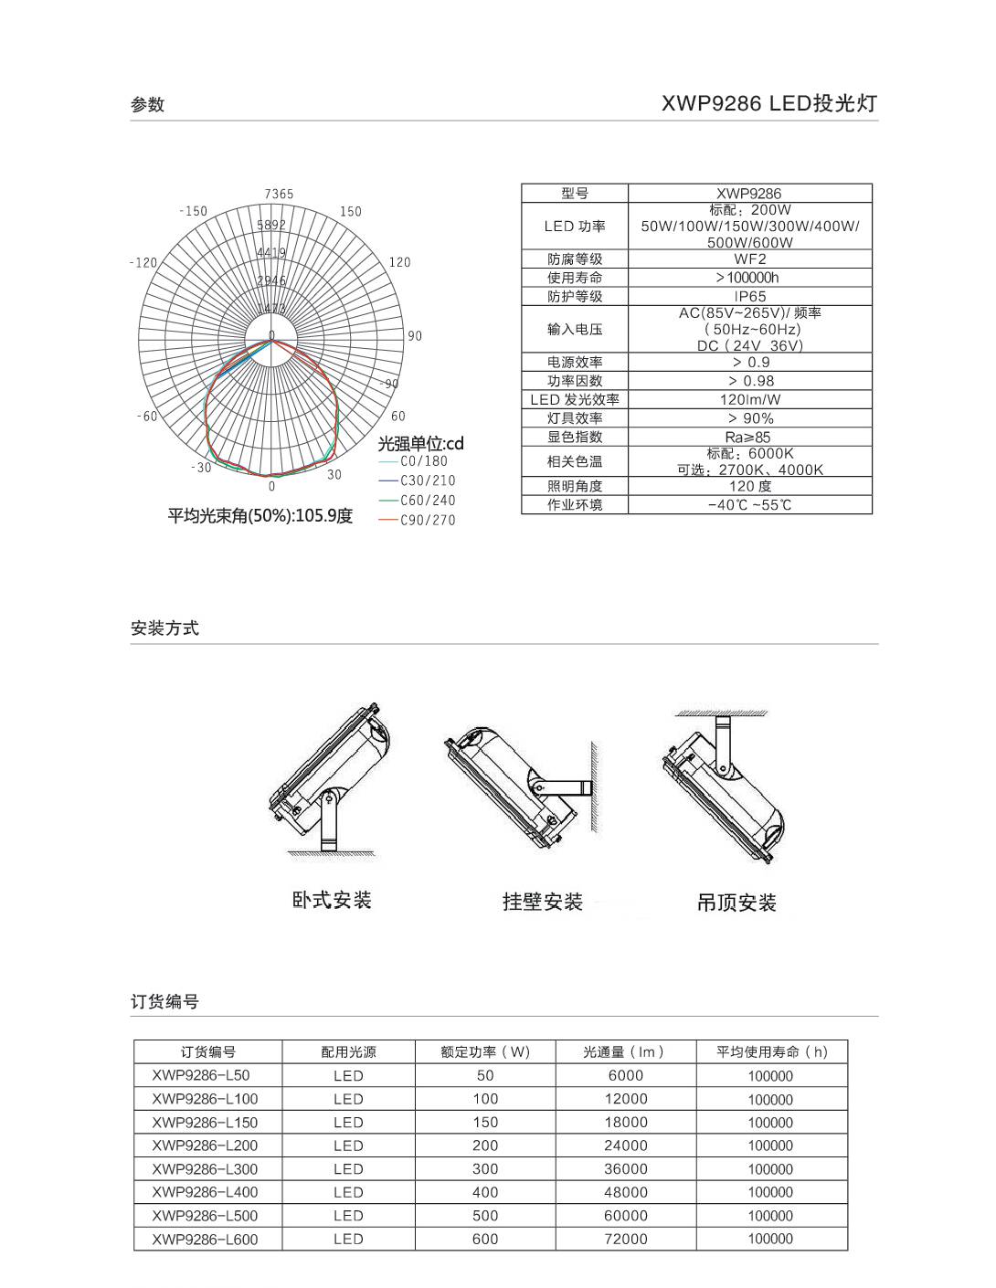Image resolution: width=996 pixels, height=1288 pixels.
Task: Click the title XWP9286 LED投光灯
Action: (768, 103)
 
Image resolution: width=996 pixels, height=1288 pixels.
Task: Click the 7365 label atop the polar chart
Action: (279, 194)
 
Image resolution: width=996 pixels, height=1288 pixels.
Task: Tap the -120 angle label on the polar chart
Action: (143, 262)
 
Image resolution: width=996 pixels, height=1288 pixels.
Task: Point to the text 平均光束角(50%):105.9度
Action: (260, 516)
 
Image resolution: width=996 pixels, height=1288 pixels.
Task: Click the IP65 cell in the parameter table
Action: (749, 296)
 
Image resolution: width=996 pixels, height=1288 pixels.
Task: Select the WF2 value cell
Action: (749, 259)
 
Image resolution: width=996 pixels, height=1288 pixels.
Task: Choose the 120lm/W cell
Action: (749, 399)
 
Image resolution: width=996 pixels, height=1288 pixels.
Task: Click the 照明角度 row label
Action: (575, 486)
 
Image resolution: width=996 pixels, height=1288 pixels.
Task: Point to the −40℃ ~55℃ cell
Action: (749, 504)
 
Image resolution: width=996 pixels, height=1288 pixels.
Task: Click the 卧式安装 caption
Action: (332, 901)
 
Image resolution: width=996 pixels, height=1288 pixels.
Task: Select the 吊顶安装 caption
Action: (736, 903)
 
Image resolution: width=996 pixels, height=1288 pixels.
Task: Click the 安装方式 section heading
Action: (164, 628)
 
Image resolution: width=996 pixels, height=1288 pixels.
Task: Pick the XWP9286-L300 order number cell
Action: (205, 1168)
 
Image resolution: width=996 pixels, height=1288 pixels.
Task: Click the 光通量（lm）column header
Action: (625, 1051)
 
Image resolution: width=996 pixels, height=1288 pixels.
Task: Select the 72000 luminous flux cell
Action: (625, 1239)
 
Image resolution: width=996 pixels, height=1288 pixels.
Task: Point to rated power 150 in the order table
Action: (485, 1122)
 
